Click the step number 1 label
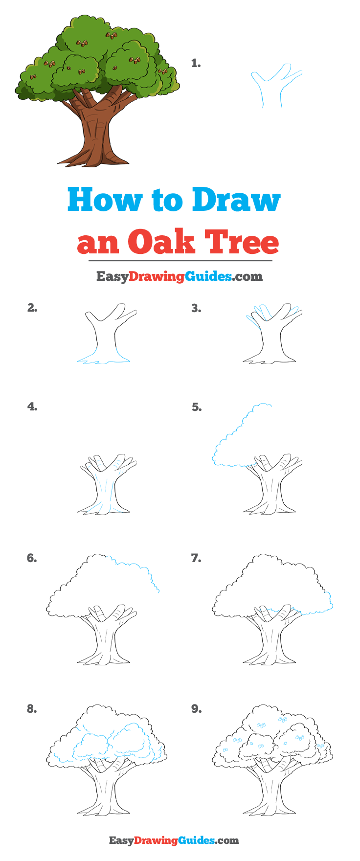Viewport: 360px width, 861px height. [196, 63]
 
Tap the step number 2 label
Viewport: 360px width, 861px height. [32, 308]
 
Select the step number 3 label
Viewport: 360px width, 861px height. [196, 308]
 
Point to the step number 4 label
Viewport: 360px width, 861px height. [32, 407]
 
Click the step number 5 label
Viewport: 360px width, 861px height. [197, 407]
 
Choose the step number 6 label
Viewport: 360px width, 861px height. [32, 558]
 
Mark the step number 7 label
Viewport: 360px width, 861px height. [196, 558]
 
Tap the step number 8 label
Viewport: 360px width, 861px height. [32, 709]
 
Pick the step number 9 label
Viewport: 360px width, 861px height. [196, 709]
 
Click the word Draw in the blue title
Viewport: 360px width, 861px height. [236, 200]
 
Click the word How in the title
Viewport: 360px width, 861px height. [105, 200]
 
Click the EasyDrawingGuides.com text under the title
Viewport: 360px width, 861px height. [180, 276]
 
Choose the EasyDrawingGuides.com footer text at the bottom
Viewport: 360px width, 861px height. [174, 840]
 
